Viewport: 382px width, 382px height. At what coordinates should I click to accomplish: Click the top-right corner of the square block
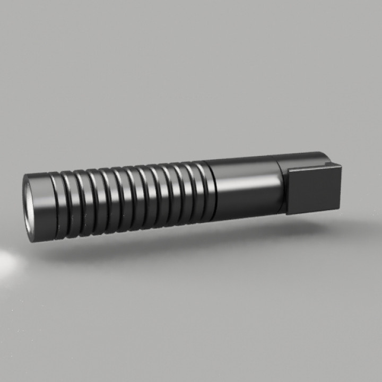point(341,166)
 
